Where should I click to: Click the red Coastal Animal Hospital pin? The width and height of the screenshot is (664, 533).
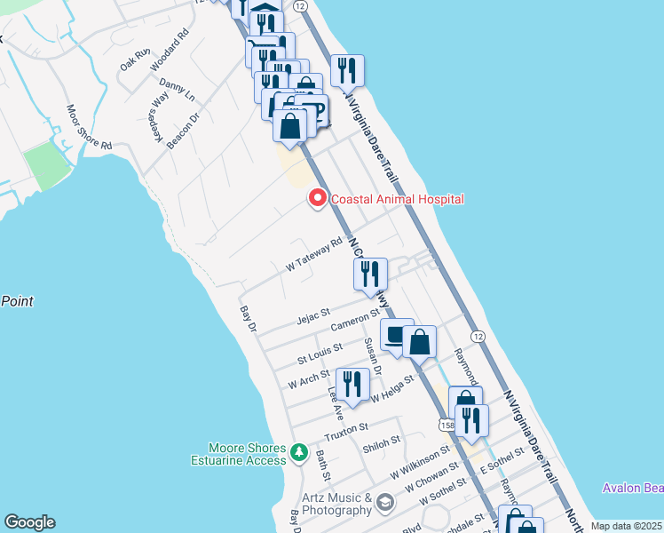click(x=316, y=199)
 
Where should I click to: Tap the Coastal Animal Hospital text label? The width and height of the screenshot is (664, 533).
click(x=398, y=200)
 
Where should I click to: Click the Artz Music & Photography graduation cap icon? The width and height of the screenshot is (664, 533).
click(x=383, y=504)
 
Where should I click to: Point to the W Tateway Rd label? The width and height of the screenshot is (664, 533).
click(x=314, y=254)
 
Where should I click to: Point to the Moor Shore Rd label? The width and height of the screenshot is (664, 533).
click(x=90, y=127)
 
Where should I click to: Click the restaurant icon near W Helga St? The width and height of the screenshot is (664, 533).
click(x=353, y=386)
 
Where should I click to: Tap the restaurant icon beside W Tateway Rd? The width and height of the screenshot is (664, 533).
click(x=369, y=274)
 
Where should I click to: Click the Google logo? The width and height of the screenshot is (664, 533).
click(x=29, y=522)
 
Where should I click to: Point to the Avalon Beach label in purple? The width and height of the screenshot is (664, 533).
click(x=632, y=488)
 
